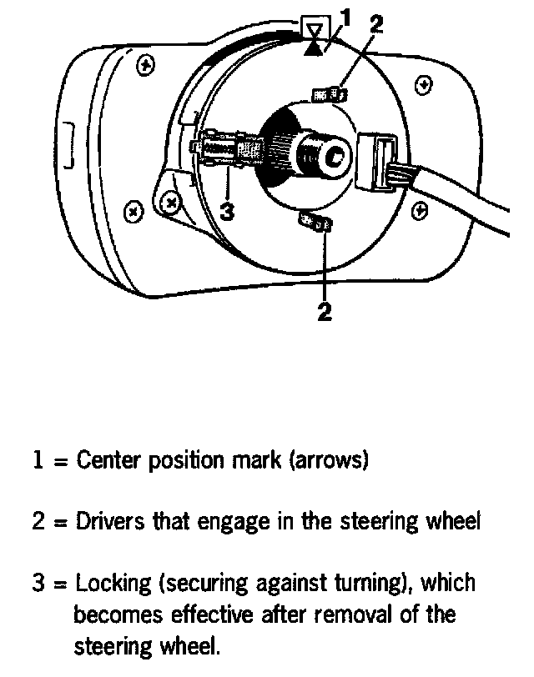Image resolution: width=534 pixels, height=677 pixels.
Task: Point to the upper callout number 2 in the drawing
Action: click(x=375, y=23)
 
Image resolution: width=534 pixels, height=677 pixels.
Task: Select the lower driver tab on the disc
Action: click(x=315, y=223)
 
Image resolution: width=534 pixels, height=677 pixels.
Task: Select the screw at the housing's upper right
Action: click(x=425, y=84)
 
